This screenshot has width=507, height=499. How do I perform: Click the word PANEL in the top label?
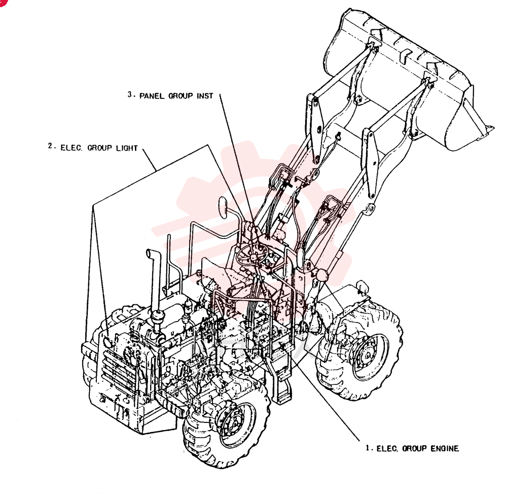tap(152, 96)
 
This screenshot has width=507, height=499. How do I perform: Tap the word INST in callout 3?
tap(205, 96)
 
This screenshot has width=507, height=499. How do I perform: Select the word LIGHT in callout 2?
tap(127, 148)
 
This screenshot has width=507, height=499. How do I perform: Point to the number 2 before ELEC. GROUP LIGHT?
tap(50, 146)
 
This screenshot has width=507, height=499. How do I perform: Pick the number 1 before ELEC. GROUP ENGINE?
tap(368, 448)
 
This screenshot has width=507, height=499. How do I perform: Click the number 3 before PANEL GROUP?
tap(130, 94)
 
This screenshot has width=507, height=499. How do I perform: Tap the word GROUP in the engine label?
tap(414, 448)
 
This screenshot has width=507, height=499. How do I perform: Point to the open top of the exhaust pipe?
tap(150, 252)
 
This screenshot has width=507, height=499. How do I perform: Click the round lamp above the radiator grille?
tap(107, 342)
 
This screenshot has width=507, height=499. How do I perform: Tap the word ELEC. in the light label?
tap(71, 148)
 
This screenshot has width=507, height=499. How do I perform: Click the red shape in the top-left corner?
tap(3, 2)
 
